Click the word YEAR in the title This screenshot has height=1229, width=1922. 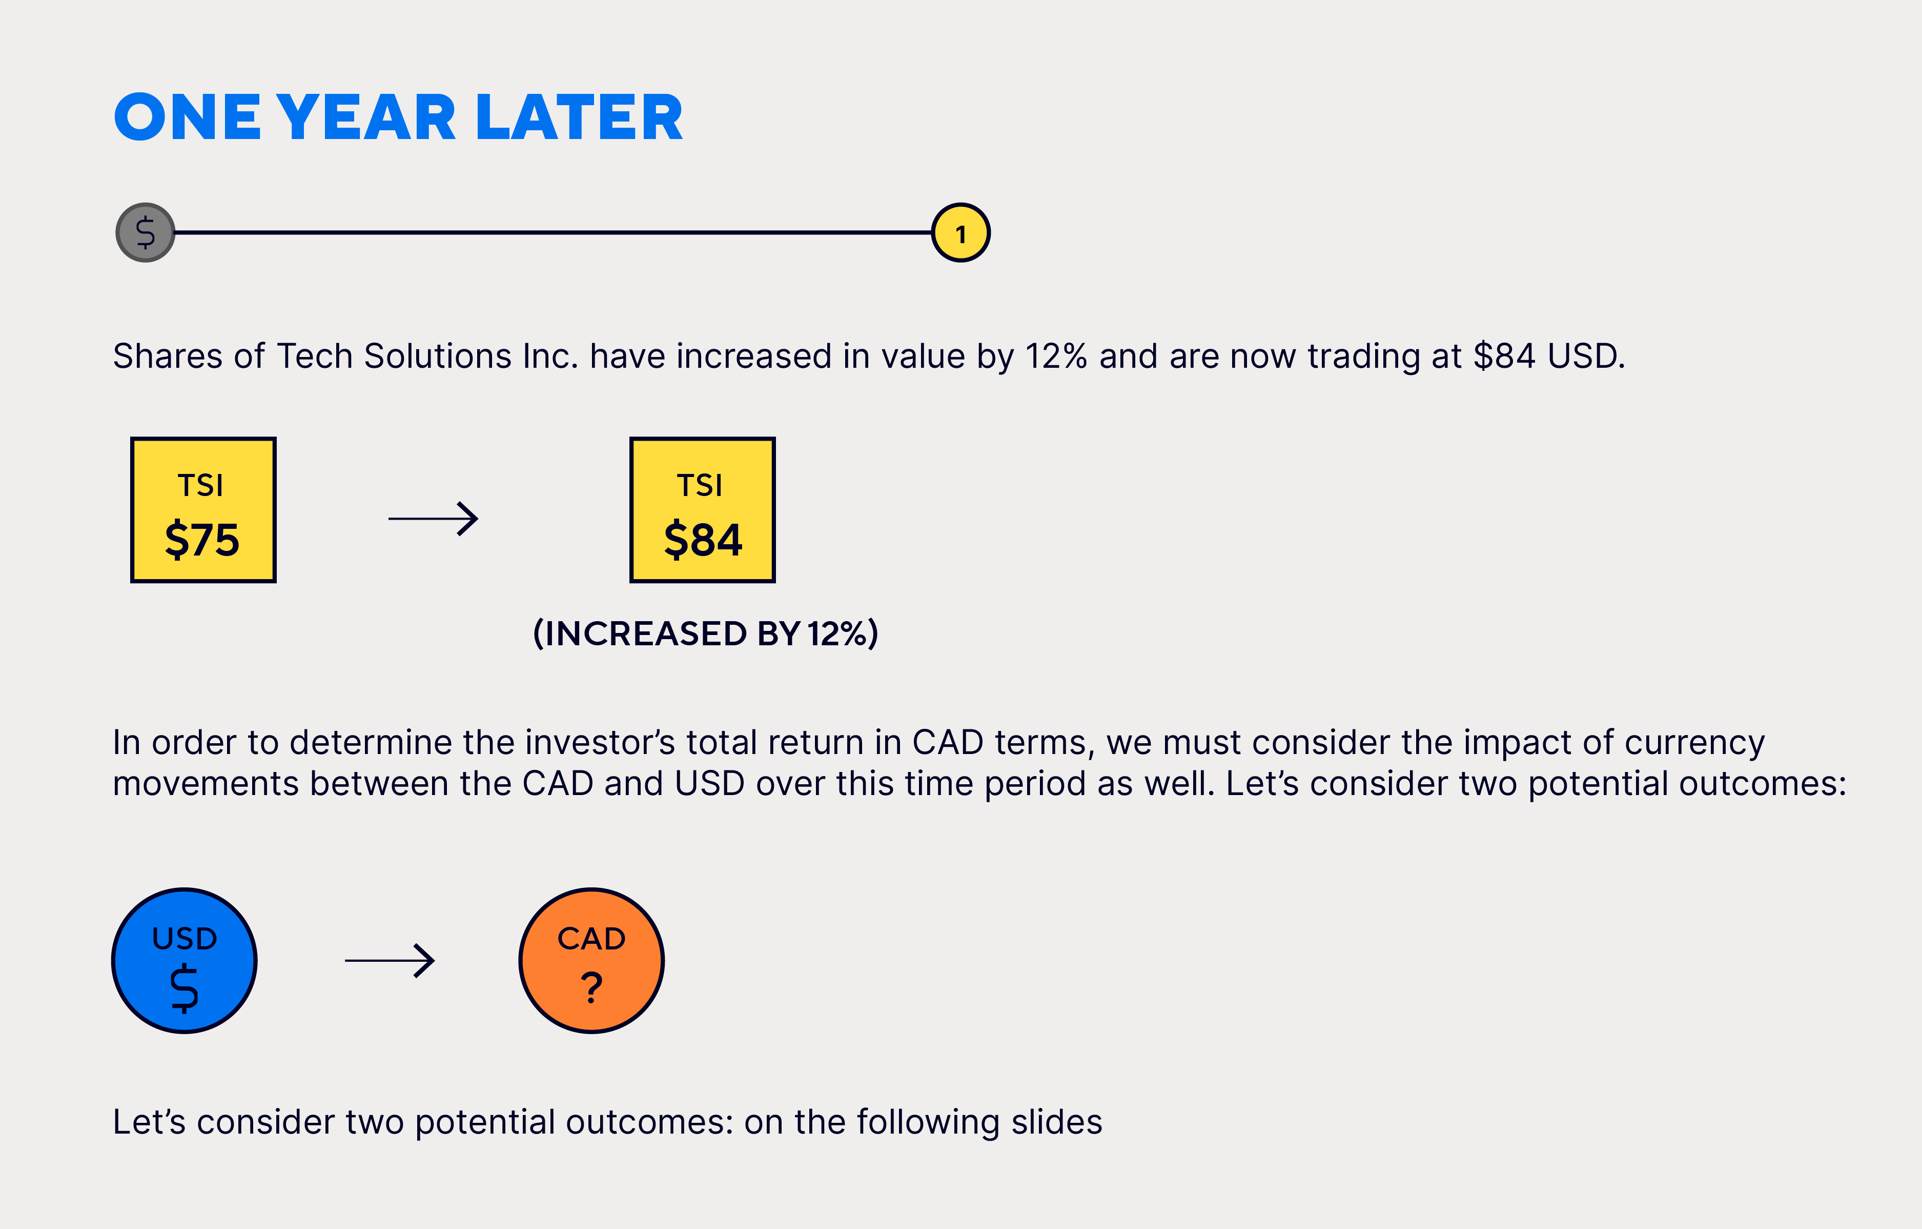coord(366,117)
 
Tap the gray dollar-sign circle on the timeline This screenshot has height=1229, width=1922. coord(145,232)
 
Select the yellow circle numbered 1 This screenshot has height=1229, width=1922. coord(961,232)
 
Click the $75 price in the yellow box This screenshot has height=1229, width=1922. coord(202,539)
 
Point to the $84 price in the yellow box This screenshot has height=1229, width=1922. coord(702,539)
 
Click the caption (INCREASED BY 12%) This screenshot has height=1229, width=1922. coord(706,633)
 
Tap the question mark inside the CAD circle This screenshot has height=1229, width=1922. coord(591,988)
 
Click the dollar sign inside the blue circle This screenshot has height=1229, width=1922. coord(185,988)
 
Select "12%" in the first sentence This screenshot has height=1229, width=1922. coord(1056,356)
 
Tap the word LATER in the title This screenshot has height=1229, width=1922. coord(579,117)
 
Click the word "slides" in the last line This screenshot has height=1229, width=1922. coord(1057,1122)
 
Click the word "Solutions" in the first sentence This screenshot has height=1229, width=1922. coord(437,356)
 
